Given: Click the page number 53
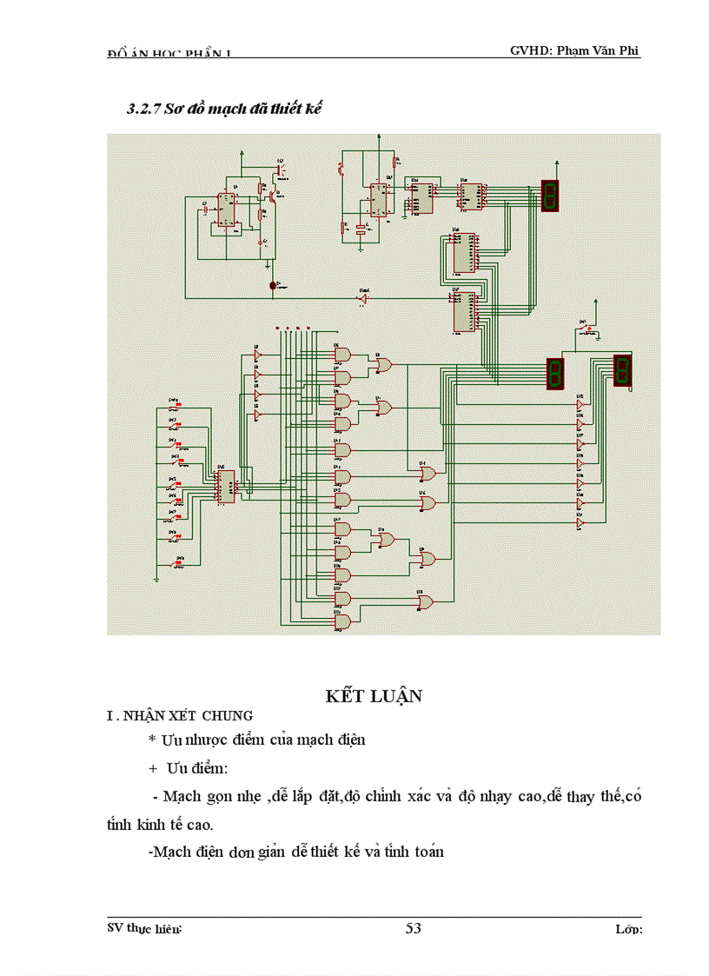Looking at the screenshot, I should (x=413, y=928).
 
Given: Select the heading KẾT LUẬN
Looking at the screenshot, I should (x=374, y=695).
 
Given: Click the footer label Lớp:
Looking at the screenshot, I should (x=627, y=929).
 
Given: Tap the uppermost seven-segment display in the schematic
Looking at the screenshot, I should (x=549, y=196).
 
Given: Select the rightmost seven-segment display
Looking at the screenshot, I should (x=621, y=369).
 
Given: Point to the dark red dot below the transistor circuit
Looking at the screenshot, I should (x=273, y=285).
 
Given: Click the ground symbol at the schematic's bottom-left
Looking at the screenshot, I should (x=156, y=577).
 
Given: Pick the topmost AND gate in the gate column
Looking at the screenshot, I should (x=342, y=355).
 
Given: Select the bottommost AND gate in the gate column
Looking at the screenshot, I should (x=342, y=621).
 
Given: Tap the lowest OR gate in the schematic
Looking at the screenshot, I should (x=427, y=601).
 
